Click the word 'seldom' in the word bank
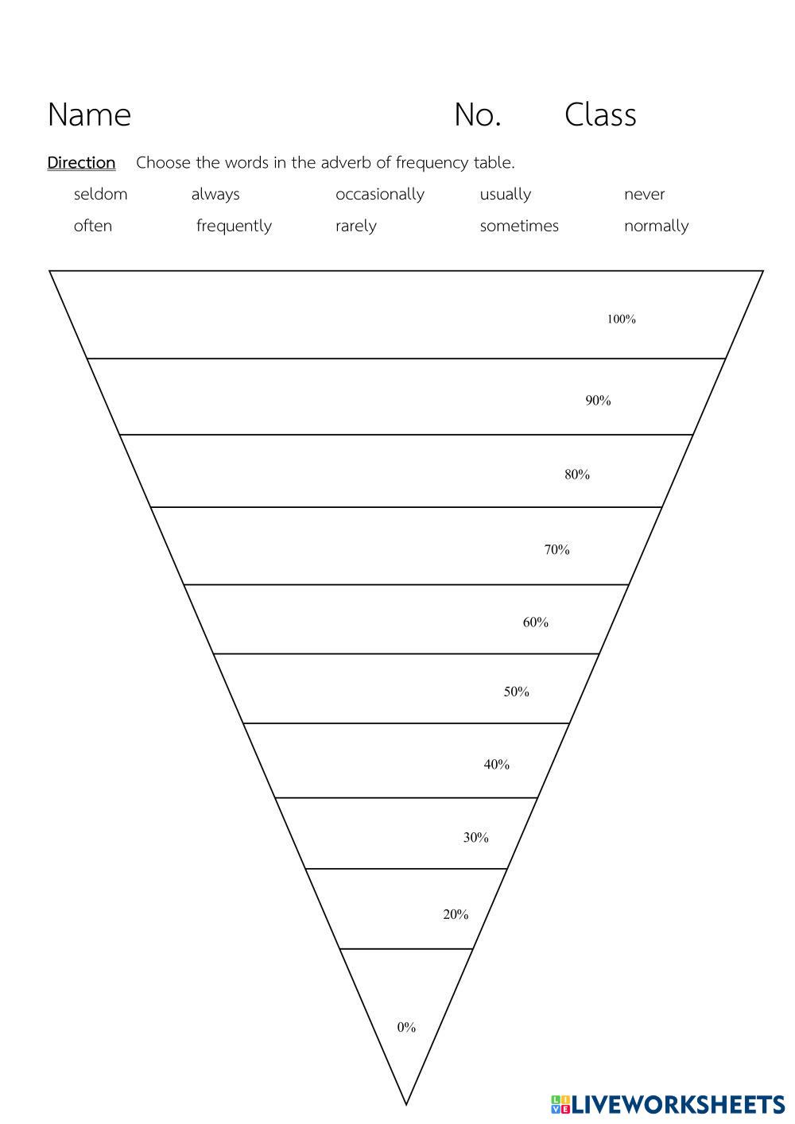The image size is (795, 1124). point(100,194)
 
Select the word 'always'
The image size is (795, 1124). point(215,194)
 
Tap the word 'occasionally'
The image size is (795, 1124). point(379,195)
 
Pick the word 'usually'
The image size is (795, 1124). point(505,195)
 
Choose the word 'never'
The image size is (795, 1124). point(644,194)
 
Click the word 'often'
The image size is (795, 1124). point(92,226)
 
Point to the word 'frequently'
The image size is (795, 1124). point(234,227)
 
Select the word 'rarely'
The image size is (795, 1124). point(355,227)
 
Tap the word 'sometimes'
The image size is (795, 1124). point(518,226)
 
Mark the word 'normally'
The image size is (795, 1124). point(656,227)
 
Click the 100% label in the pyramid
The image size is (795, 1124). point(621,320)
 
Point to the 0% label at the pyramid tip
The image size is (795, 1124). point(406,1027)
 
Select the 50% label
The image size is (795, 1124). point(516,692)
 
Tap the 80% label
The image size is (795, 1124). point(577,475)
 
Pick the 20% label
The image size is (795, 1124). point(456,914)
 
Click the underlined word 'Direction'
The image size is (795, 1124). point(81,163)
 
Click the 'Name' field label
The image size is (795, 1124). point(89,114)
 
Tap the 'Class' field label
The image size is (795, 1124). point(600,114)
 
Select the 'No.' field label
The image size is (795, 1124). point(477,114)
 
